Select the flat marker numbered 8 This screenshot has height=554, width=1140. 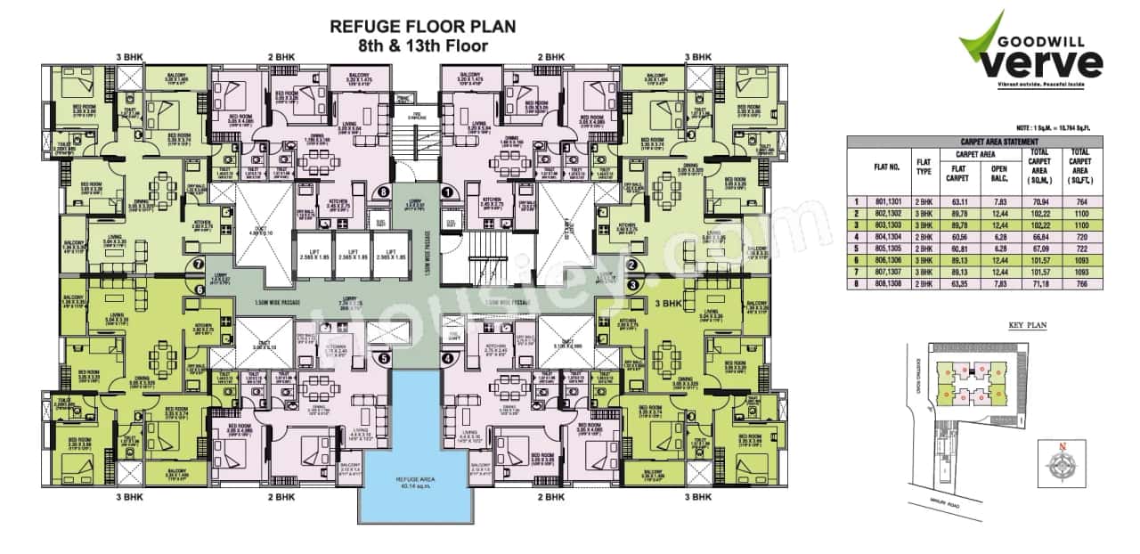(384, 191)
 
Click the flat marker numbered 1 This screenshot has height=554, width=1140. (446, 191)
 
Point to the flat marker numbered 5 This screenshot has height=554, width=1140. (384, 359)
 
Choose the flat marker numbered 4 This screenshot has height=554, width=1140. (446, 359)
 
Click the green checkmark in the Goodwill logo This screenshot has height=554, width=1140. (980, 40)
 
